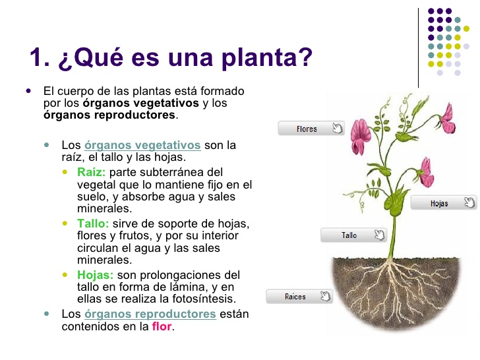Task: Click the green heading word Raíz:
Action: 92,172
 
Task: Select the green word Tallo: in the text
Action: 93,224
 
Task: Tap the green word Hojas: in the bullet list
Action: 95,275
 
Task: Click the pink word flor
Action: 162,326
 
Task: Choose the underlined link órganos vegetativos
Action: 142,145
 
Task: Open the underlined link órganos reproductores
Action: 150,314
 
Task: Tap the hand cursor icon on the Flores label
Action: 337,129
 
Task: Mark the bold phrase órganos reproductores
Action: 109,115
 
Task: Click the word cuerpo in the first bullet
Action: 75,91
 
